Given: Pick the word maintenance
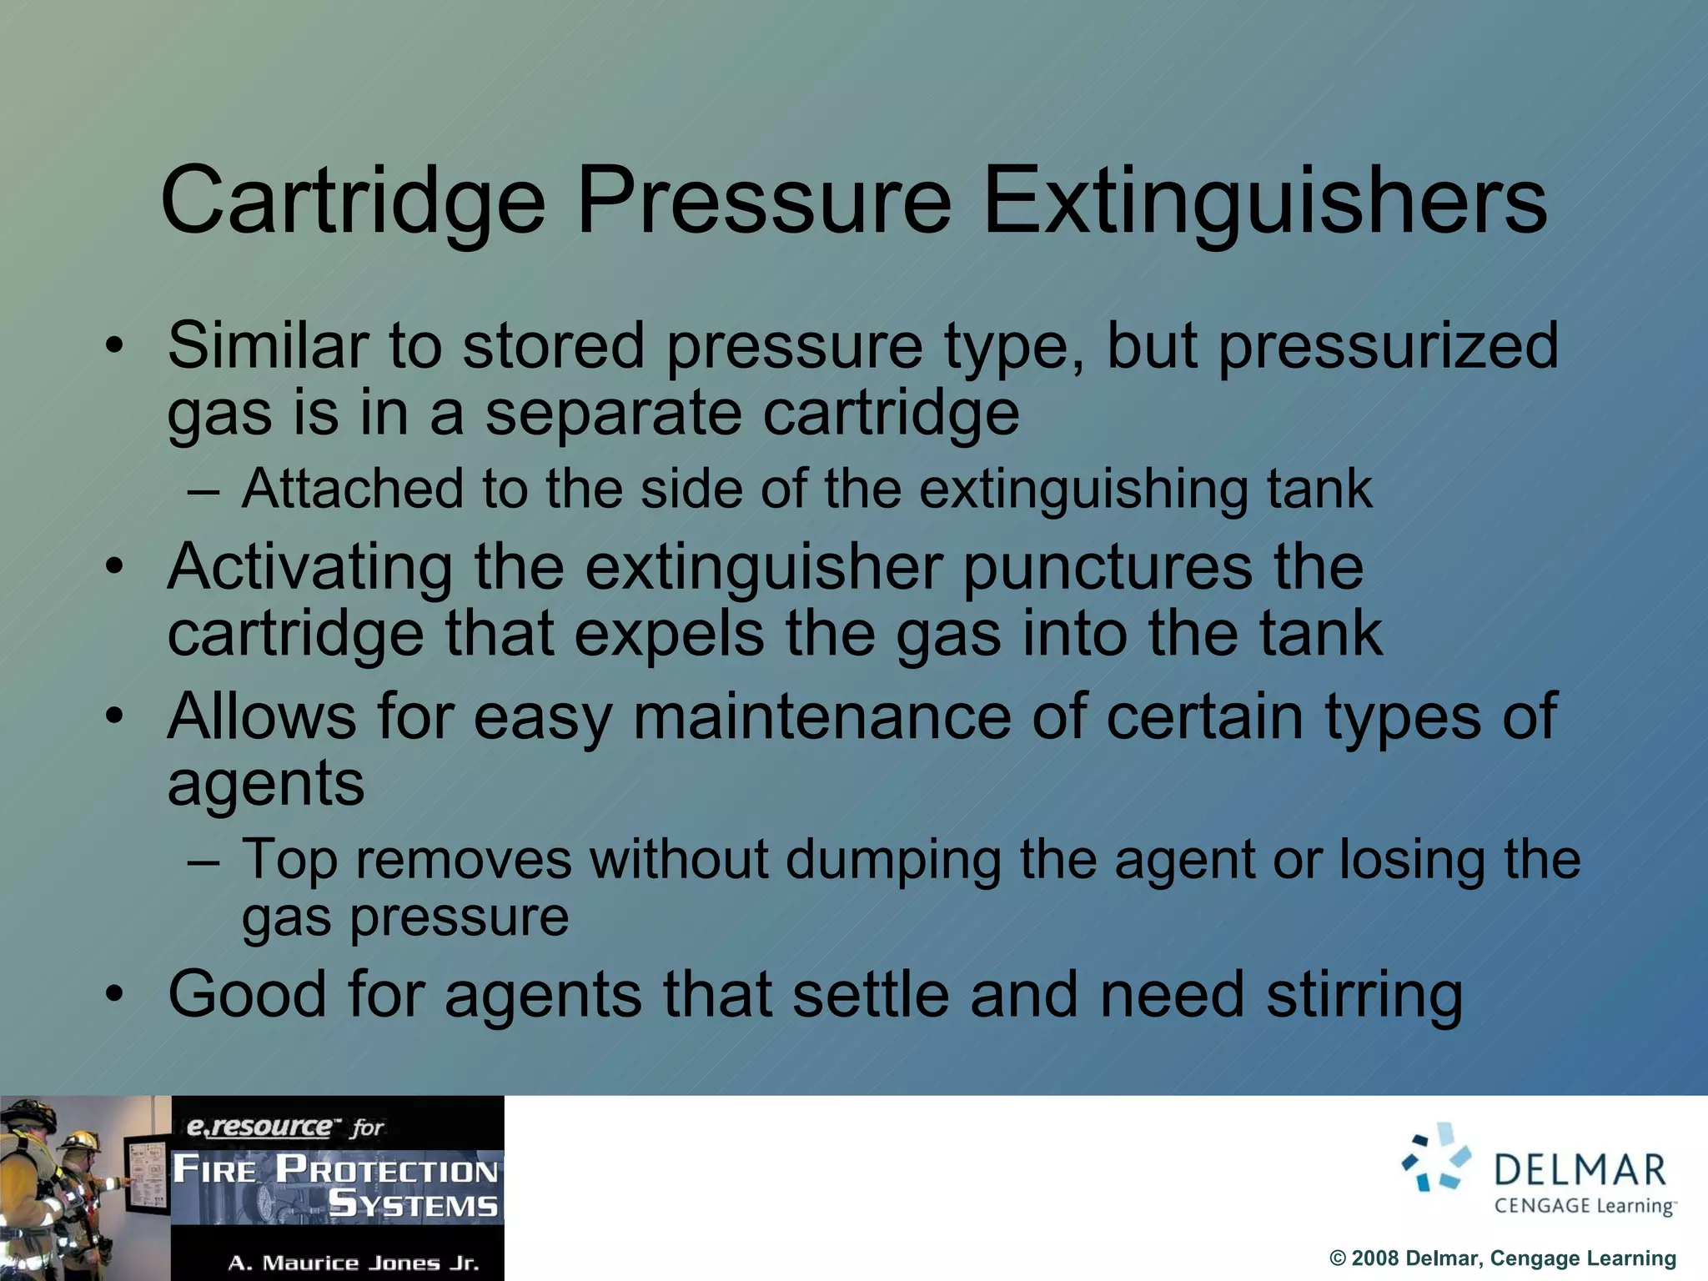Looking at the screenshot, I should tap(822, 717).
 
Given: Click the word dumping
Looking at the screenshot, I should tap(893, 860).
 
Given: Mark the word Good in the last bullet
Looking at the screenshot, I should tap(247, 994).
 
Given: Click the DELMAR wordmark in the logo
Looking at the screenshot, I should tap(1580, 1170).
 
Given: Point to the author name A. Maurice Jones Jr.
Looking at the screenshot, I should tap(354, 1263).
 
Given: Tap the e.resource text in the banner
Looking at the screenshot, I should tap(259, 1127).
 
